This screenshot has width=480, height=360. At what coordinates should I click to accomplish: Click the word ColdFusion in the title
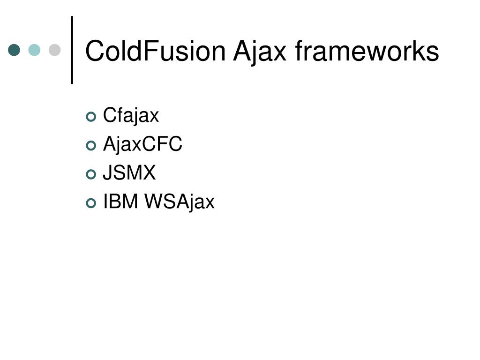click(155, 51)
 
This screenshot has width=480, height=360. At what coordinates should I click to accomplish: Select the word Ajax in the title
click(260, 51)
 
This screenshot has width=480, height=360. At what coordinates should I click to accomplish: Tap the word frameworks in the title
click(367, 51)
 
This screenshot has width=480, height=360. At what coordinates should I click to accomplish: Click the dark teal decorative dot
click(15, 50)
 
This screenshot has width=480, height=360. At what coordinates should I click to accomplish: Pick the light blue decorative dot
click(34, 50)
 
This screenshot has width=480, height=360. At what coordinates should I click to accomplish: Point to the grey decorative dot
click(55, 50)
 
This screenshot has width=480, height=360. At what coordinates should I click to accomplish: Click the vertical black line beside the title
click(72, 50)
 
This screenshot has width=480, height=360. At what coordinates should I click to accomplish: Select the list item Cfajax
click(131, 115)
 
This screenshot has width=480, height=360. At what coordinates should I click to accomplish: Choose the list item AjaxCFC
click(142, 144)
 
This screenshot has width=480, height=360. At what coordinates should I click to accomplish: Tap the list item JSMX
click(129, 173)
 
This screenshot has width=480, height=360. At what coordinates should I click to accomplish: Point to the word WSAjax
click(179, 202)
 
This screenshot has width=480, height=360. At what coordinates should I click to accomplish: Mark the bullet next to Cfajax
click(91, 116)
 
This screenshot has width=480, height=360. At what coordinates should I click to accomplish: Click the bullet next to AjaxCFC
click(91, 145)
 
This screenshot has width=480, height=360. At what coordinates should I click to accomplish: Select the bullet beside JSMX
click(91, 174)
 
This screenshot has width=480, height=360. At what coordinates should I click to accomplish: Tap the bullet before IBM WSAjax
click(91, 203)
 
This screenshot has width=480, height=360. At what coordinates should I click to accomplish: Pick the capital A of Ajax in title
click(242, 51)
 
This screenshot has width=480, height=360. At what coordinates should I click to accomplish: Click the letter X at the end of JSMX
click(148, 173)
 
